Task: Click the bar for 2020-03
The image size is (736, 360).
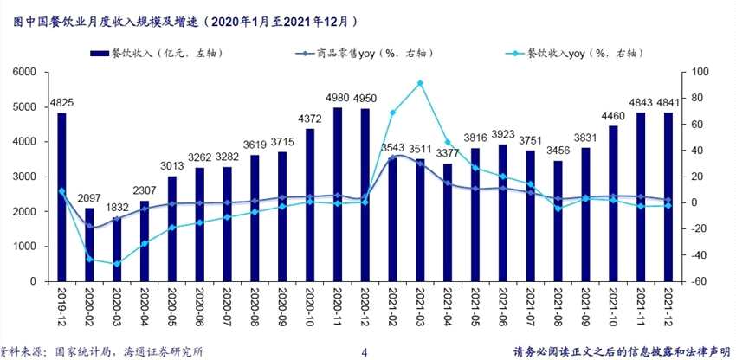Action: click(x=116, y=249)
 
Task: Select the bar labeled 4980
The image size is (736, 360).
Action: click(x=338, y=195)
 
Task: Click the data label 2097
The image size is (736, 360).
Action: click(x=89, y=198)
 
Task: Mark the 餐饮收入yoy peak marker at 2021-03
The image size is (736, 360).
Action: click(x=420, y=84)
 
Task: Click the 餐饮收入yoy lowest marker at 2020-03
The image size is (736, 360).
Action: click(x=116, y=264)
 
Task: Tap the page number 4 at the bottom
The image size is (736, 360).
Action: click(x=364, y=352)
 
